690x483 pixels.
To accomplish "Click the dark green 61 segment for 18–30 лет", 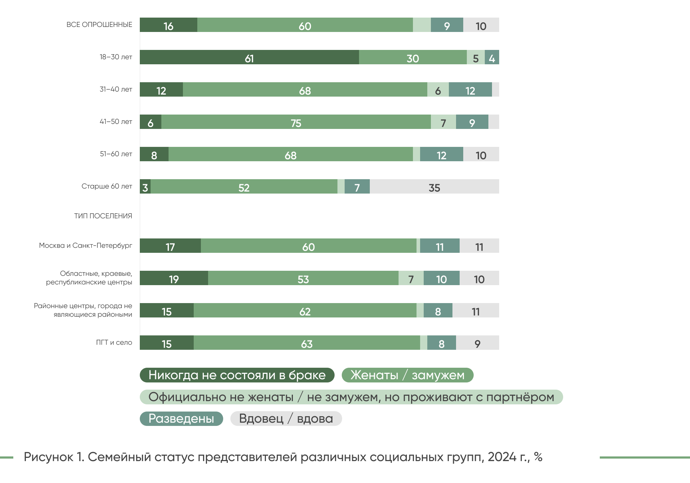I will click(x=249, y=57).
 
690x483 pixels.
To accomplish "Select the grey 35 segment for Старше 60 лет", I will click(x=434, y=187).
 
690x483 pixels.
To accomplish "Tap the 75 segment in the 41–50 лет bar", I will click(x=296, y=122).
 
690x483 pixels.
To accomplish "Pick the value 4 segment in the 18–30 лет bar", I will click(x=492, y=57).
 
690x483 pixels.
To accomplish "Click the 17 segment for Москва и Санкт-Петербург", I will click(x=170, y=246).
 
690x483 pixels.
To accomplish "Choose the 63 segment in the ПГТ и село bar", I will click(x=307, y=343).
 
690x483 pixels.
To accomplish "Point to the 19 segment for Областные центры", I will click(x=174, y=278).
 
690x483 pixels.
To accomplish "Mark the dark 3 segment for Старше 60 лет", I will click(x=145, y=187).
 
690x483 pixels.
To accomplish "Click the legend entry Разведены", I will click(x=181, y=419).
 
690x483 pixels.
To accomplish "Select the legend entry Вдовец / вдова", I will click(x=286, y=419).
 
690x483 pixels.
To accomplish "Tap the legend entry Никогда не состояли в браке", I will click(x=237, y=375).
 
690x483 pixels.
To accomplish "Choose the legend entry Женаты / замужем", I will click(x=407, y=375).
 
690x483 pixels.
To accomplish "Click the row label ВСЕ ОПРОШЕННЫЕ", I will click(x=99, y=25).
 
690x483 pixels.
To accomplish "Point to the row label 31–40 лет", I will click(x=116, y=89).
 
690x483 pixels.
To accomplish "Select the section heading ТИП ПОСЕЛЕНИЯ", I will click(x=103, y=216).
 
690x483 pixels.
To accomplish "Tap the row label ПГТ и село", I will click(x=114, y=343).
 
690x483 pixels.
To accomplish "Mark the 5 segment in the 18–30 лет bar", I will click(x=475, y=57).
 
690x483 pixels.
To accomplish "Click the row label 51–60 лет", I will click(x=116, y=154).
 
